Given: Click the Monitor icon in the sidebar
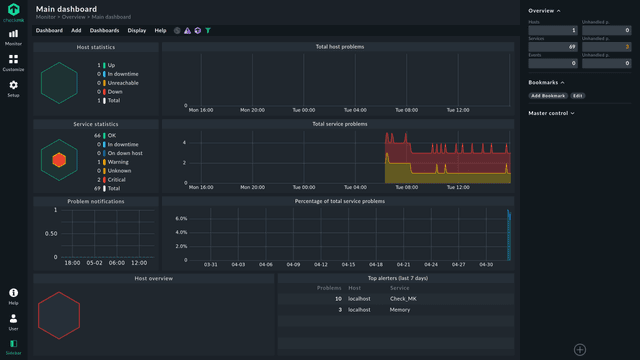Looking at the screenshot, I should coord(14,37).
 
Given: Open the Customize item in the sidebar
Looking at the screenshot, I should coord(14,62).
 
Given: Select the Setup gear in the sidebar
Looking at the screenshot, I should coord(14,88).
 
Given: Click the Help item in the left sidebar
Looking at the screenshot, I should coord(14,296).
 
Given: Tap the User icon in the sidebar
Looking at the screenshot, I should coord(14,321).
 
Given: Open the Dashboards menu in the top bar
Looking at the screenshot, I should coord(104,31).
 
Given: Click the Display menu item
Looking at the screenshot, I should coord(136,31).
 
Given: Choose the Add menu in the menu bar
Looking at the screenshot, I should coord(76,31).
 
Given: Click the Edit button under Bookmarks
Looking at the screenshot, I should coord(578,96).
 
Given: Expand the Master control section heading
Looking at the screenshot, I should coord(551,113).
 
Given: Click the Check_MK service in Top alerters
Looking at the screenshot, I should coord(403,298).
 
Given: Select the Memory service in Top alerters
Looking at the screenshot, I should coord(400,310).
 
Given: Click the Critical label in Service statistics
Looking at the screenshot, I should coord(117,179).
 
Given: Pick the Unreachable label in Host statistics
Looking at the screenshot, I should coord(123,83).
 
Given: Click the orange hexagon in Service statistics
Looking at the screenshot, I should coord(59,160).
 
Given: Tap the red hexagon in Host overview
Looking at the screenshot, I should coord(59,315).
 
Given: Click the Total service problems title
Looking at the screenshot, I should coord(339,124).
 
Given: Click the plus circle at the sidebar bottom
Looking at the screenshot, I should coord(579,349).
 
